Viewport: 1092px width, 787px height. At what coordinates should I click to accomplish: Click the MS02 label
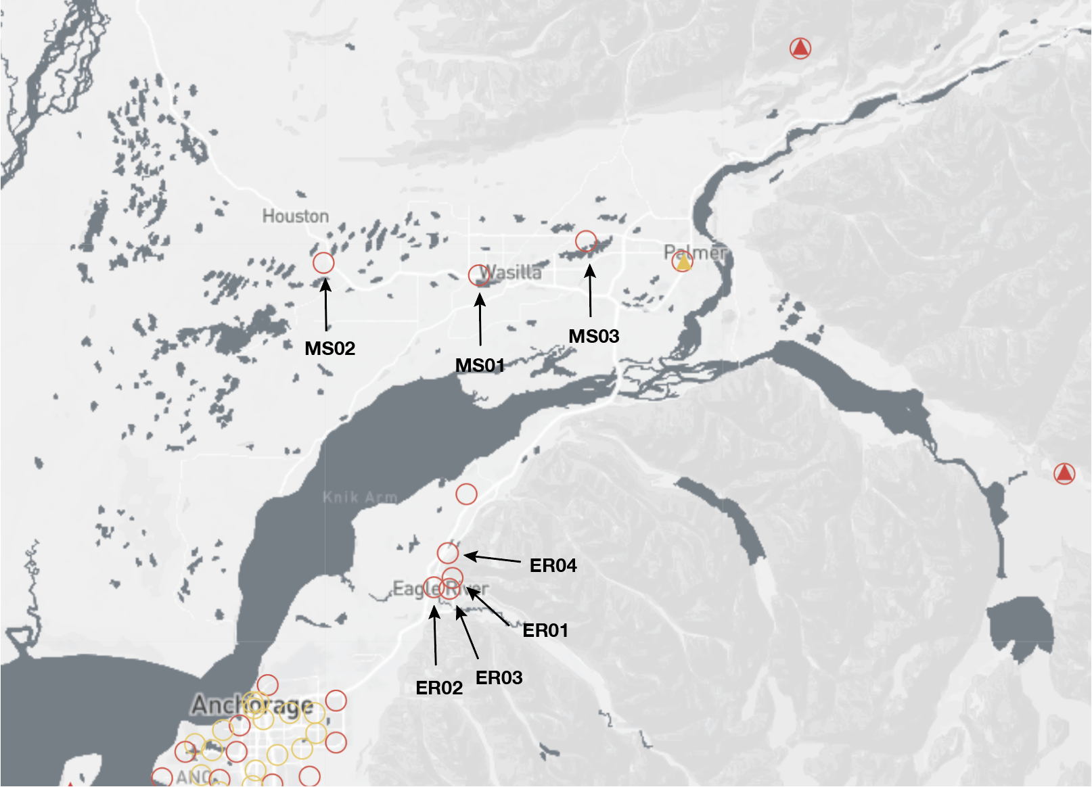329,348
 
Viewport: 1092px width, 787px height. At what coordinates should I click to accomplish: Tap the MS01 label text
480,365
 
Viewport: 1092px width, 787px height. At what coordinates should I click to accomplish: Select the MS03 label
593,336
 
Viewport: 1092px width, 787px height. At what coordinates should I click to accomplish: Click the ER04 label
553,565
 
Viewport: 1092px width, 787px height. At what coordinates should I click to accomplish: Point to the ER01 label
545,630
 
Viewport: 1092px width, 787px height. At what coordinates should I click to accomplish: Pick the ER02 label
439,688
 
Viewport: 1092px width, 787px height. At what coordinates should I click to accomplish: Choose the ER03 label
499,677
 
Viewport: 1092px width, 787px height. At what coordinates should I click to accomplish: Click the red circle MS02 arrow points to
323,262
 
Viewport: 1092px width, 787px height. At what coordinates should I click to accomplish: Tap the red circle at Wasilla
479,275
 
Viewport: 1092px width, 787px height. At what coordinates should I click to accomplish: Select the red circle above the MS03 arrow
586,241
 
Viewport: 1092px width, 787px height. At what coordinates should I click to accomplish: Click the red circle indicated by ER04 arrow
447,553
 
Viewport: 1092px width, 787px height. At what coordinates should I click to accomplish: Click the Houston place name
296,216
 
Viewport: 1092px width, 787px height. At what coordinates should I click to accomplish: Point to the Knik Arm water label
359,498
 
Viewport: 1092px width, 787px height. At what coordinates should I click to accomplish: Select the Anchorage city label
252,705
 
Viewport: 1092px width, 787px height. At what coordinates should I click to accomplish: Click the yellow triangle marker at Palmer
683,262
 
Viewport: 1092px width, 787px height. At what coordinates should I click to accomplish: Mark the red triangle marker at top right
800,48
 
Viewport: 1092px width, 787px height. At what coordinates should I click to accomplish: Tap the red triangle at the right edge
1064,473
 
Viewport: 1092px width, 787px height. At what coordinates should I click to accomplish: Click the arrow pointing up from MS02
326,304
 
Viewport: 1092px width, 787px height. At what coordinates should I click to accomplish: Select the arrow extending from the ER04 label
493,559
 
